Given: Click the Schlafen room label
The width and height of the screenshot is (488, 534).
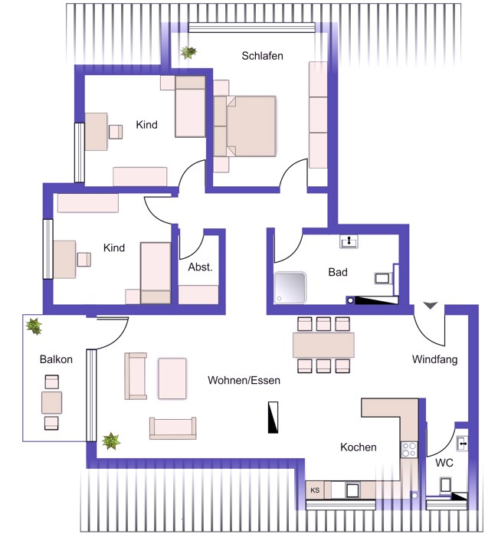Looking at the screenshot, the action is [262, 56].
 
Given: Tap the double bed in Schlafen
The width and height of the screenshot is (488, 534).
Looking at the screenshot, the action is [245, 126].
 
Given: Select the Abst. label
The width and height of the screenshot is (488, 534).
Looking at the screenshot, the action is [200, 267].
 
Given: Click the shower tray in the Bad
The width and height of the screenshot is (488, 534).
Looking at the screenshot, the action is [290, 287].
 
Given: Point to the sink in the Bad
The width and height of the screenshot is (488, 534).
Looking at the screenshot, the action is [349, 241].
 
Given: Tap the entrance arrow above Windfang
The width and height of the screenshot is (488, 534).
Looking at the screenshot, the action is [430, 305].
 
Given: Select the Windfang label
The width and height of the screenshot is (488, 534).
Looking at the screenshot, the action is [434, 359].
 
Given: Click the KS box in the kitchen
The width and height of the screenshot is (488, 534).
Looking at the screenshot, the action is [315, 490].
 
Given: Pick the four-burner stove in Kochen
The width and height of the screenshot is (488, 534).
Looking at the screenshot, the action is [409, 450].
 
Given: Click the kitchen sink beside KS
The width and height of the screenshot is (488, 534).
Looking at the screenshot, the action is [352, 490].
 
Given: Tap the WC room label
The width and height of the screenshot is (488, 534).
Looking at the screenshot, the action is [444, 463].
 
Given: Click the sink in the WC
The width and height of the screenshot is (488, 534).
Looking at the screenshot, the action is [462, 444].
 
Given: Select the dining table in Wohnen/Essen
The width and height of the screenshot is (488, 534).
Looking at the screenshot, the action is [323, 345].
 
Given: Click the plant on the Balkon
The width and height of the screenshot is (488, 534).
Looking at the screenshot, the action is [34, 326].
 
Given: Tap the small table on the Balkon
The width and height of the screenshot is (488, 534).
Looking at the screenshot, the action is [52, 402].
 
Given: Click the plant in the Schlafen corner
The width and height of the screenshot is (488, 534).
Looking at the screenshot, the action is [188, 52].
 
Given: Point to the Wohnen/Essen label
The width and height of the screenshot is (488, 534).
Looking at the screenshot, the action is [244, 380].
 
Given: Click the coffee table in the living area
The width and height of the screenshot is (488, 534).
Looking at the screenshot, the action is [172, 378].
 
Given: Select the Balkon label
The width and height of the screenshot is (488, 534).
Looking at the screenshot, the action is [56, 359].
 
